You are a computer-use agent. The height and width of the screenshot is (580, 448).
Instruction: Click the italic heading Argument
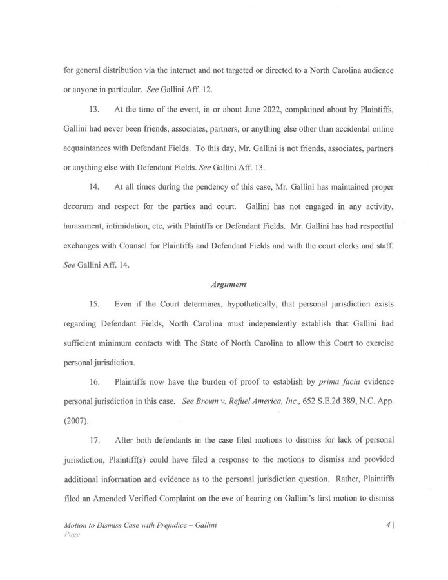coord(223,283)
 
